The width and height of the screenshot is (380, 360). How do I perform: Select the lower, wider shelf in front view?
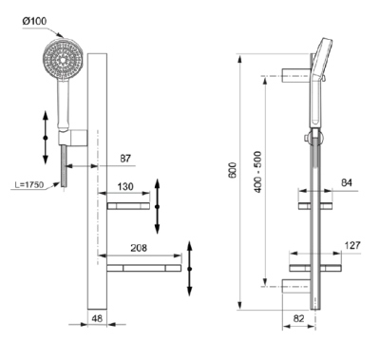click(x=143, y=270)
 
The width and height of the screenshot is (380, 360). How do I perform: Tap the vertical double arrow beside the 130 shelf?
click(x=159, y=218)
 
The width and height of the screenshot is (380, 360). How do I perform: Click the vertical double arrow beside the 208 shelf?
click(x=191, y=269)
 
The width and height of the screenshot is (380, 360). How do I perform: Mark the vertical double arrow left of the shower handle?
click(x=45, y=136)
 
